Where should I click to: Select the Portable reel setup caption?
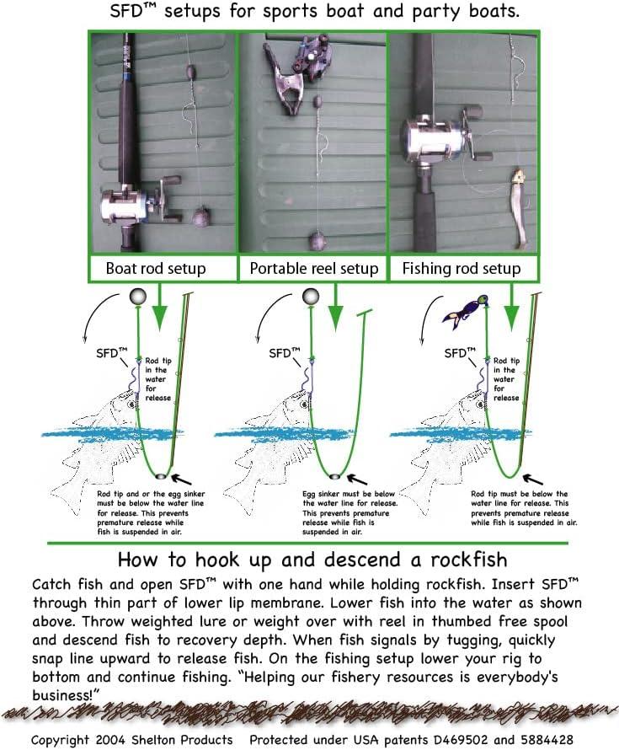313,270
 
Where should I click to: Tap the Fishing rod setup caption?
461,270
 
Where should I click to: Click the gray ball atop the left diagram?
137,297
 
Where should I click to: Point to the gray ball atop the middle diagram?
310,297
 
